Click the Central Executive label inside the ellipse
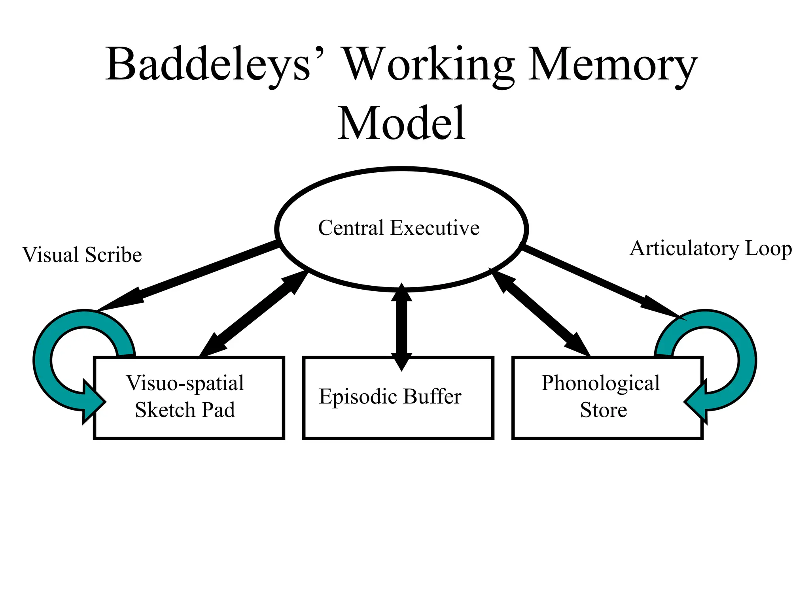pos(399,228)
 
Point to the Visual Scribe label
pos(82,255)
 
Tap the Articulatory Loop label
pos(711,249)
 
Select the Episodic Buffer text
pos(390,396)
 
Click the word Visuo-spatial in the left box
pos(185,383)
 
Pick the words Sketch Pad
pos(185,410)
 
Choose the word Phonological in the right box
pos(600,383)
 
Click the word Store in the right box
pos(604,410)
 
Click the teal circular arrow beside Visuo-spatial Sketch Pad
pos(43,356)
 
